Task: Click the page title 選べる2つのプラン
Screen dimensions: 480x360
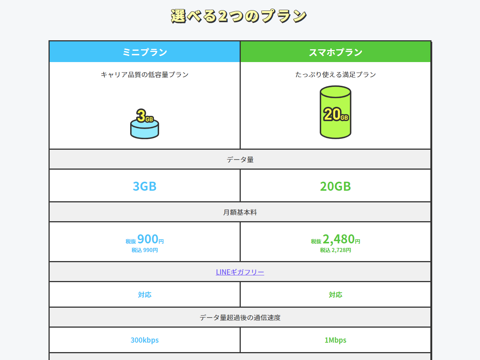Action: coord(239,16)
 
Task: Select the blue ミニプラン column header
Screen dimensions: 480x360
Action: coord(145,52)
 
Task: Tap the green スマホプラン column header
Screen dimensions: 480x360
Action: coord(336,52)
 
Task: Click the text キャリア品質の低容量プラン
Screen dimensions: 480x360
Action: coord(145,74)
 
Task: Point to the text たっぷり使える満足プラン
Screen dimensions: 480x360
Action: coord(336,74)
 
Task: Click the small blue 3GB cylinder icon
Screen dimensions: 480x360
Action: coord(144,124)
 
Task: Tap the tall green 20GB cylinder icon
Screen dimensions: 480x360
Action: coord(336,112)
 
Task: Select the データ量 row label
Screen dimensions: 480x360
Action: coord(240,159)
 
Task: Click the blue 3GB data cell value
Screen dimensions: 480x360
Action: coord(145,186)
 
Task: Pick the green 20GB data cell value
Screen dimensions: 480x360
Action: coord(336,186)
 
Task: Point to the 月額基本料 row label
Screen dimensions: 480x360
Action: coord(240,213)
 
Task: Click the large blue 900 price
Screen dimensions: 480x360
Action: coord(147,239)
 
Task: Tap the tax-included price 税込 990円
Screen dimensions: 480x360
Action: coord(145,250)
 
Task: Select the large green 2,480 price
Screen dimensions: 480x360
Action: coord(339,239)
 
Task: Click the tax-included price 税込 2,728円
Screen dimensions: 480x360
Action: coord(336,250)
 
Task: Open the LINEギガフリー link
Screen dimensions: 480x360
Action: coord(240,272)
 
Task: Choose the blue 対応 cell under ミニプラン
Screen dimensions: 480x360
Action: coord(145,295)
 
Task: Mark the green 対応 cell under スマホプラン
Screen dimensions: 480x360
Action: coord(336,295)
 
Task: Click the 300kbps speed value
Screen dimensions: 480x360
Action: coord(145,340)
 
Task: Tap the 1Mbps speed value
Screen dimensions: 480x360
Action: coord(336,340)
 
